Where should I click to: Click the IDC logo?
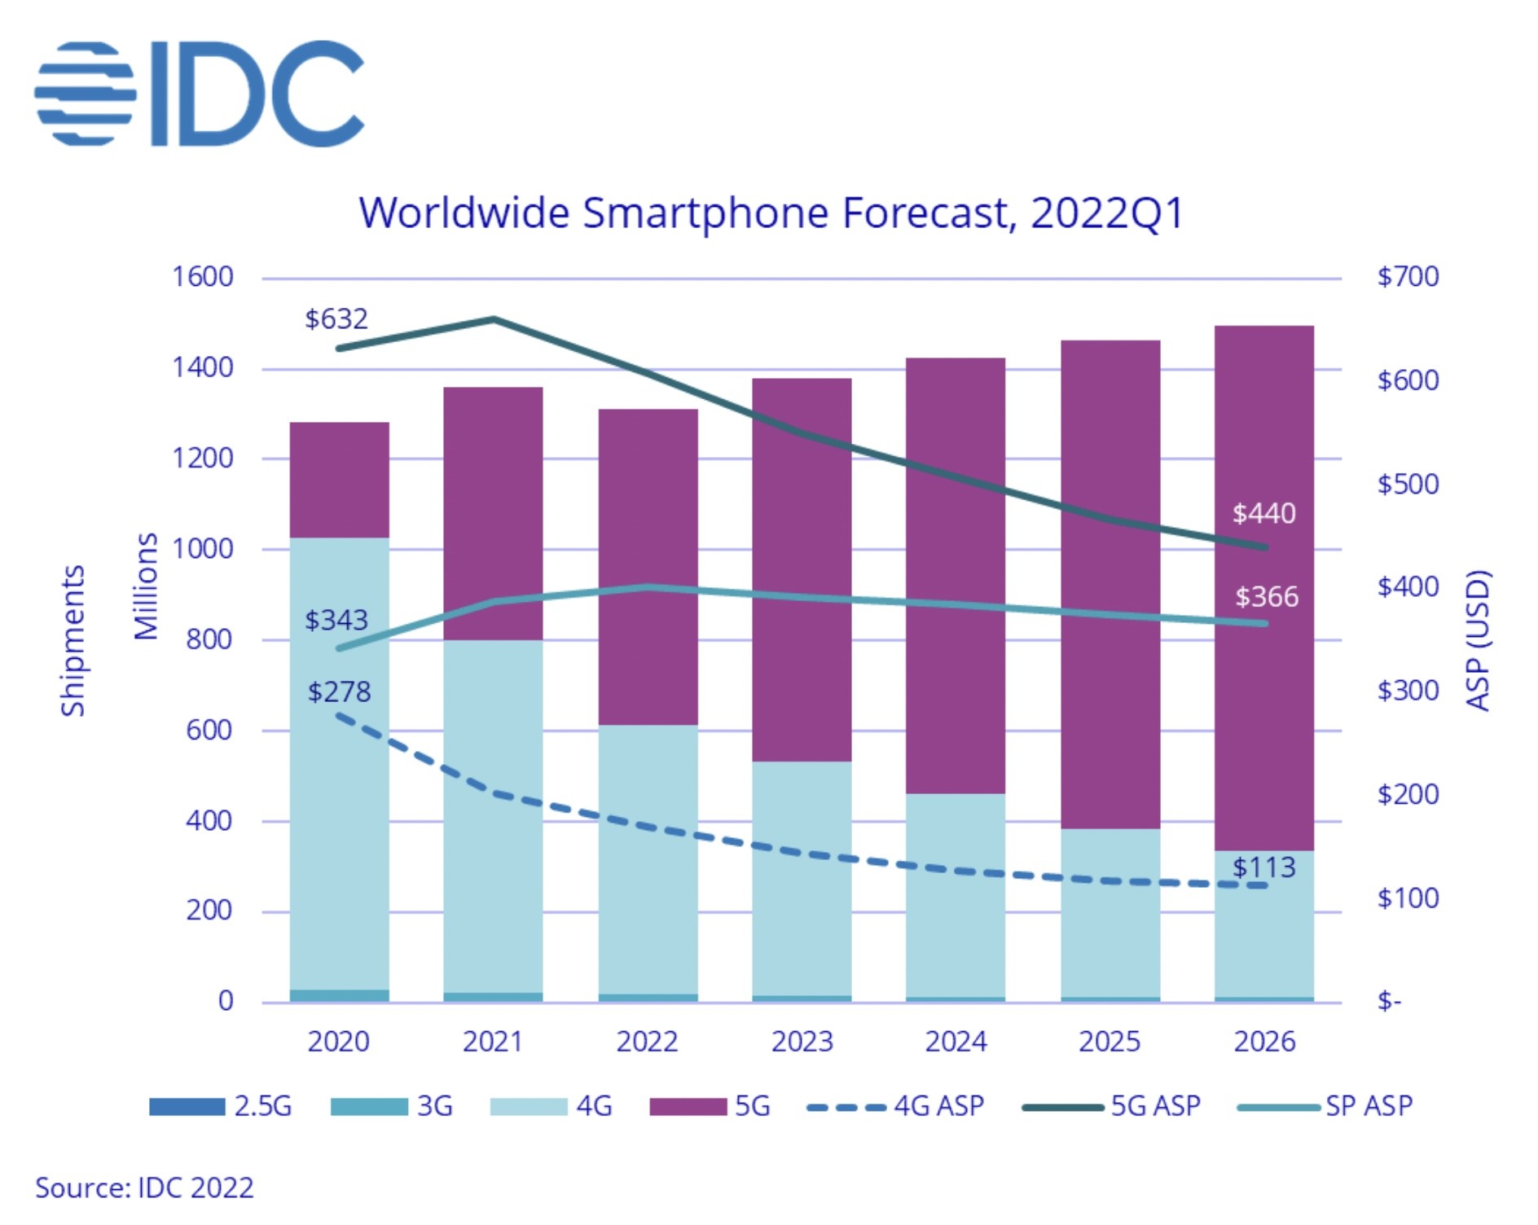coord(200,94)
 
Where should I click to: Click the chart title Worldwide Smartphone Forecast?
coord(770,213)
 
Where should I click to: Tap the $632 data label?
coord(336,318)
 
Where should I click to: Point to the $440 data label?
coord(1263,513)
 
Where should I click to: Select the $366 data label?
coord(1267,597)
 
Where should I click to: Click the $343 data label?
coord(336,621)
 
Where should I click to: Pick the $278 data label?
coord(339,692)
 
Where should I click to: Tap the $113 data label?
coord(1263,867)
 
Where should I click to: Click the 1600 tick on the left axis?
coord(203,277)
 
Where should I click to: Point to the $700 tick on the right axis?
coord(1408,277)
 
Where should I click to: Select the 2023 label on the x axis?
coord(802,1042)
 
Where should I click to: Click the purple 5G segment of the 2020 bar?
coord(340,480)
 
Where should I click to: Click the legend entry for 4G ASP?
coord(896,1106)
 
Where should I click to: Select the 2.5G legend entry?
coord(221,1106)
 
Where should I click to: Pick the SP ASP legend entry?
coord(1325,1106)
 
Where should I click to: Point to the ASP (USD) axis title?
coord(1478,640)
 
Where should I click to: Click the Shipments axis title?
coord(73,640)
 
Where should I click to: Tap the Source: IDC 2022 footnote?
coord(144,1188)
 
